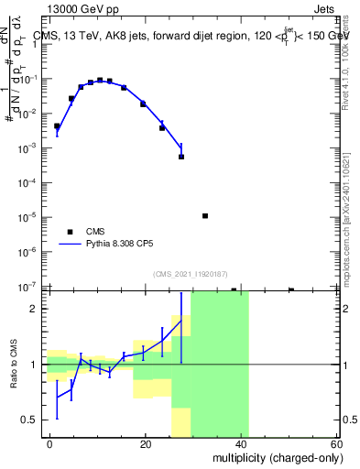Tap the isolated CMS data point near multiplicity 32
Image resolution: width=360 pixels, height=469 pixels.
tap(205, 216)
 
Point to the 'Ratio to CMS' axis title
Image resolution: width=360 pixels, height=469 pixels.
tap(13, 365)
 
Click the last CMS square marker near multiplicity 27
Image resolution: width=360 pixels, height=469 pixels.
tap(181, 157)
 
